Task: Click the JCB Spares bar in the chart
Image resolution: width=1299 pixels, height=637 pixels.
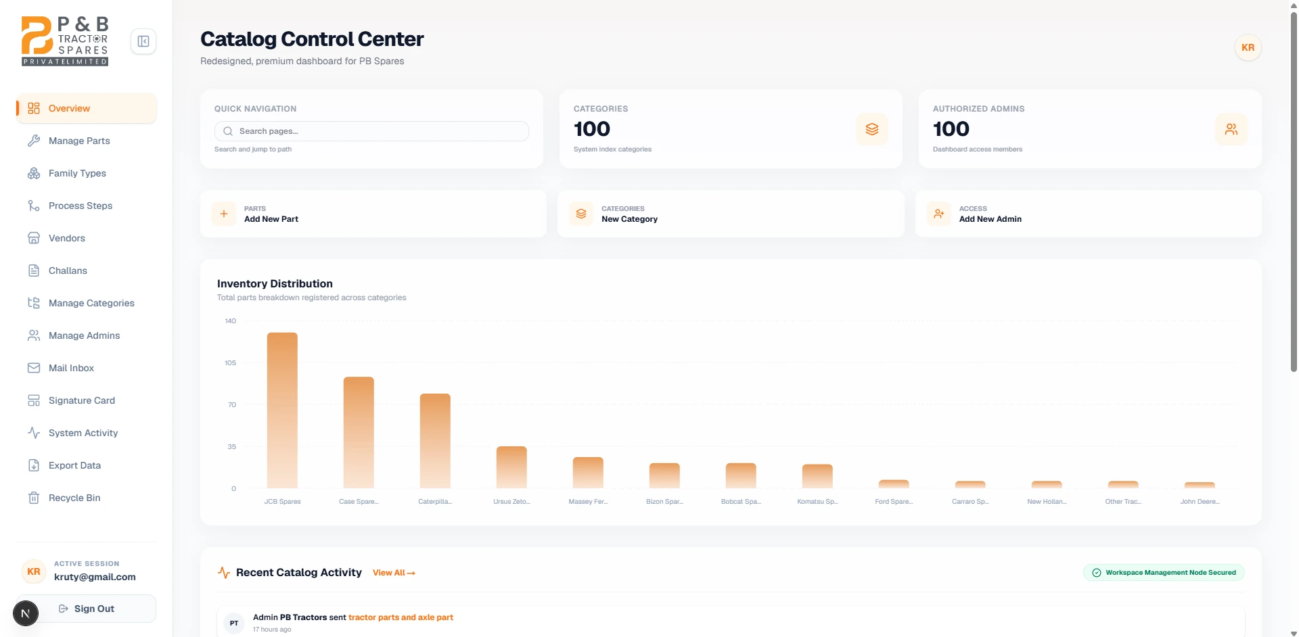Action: point(282,410)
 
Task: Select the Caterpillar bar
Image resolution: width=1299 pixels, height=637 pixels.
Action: point(435,441)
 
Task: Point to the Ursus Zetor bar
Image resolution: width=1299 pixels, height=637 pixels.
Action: point(511,467)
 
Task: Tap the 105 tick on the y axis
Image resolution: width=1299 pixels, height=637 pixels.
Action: point(231,363)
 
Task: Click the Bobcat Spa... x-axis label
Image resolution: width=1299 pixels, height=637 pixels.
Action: point(741,502)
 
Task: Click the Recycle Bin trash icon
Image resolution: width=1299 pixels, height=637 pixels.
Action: point(34,498)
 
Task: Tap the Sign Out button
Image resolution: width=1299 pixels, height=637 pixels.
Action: point(87,609)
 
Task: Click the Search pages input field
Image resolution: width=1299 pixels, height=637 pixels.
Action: point(371,131)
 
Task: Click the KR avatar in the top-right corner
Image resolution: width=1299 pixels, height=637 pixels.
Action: point(1248,47)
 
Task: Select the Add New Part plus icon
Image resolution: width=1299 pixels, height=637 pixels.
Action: point(224,214)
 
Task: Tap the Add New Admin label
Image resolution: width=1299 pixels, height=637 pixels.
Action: point(990,219)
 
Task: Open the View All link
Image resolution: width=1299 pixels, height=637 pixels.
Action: point(394,573)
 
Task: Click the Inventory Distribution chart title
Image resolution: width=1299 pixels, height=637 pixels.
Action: point(275,284)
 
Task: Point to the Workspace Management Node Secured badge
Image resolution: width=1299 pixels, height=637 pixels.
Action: point(1164,573)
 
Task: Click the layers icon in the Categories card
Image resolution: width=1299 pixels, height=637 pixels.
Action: point(872,129)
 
